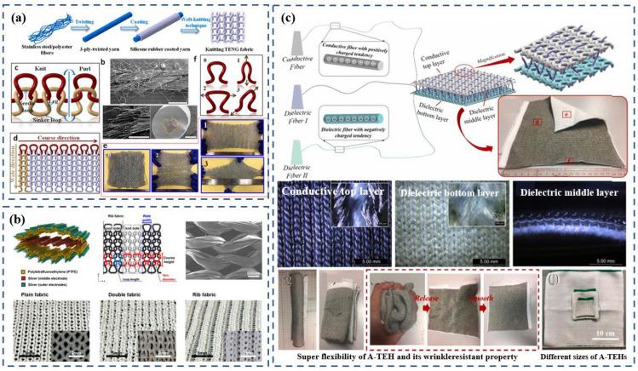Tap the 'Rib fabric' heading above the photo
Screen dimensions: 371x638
point(228,277)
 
